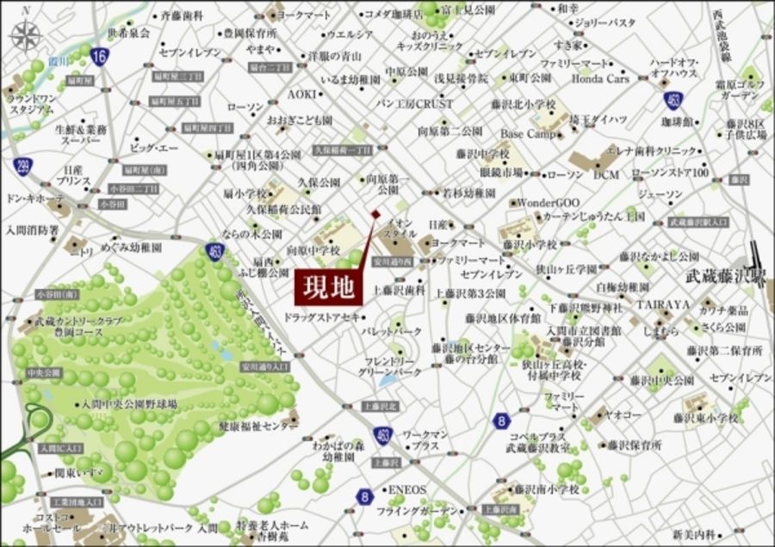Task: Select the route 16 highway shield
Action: [100, 58]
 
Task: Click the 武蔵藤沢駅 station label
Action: [721, 278]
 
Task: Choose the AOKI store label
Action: [301, 93]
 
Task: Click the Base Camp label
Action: [528, 134]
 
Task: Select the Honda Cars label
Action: [600, 78]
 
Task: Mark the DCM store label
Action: [607, 175]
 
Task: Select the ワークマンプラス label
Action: [425, 441]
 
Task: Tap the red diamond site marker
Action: [375, 213]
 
